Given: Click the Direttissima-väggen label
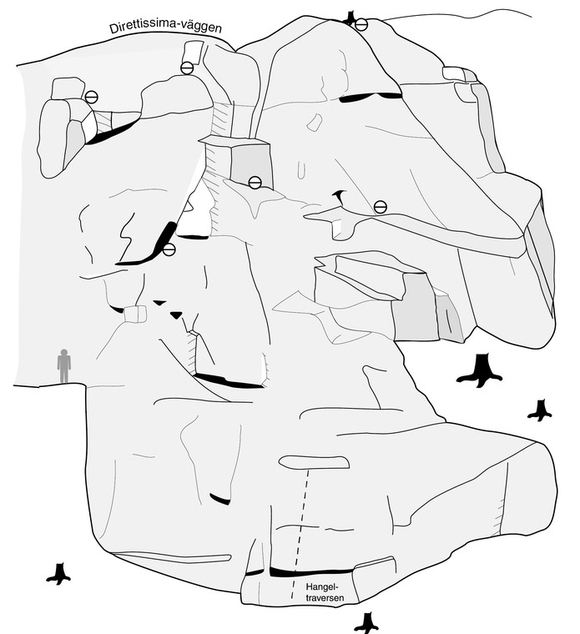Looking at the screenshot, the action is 165,28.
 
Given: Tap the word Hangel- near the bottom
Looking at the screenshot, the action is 321,586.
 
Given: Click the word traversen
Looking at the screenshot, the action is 325,597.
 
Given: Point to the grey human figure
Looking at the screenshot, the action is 64,366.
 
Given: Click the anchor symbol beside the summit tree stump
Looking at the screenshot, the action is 361,25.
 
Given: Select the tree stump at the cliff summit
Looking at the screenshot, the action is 349,18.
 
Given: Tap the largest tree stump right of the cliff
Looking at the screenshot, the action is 480,370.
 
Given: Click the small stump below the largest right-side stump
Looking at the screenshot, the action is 540,410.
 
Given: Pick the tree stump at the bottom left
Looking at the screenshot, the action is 59,574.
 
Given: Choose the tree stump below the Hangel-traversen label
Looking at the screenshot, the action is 367,623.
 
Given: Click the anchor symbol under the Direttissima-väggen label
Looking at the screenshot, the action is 186,68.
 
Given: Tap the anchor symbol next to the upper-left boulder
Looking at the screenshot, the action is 92,97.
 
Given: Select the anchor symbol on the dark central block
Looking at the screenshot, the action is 255,183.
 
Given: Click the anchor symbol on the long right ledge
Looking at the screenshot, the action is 381,207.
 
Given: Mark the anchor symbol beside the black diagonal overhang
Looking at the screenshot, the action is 169,250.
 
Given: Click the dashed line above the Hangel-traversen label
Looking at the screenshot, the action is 300,534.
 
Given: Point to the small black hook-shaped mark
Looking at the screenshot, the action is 340,197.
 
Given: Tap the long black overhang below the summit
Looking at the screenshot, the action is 371,97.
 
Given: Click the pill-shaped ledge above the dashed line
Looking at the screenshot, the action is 314,462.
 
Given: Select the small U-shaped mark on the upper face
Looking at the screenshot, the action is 302,170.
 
